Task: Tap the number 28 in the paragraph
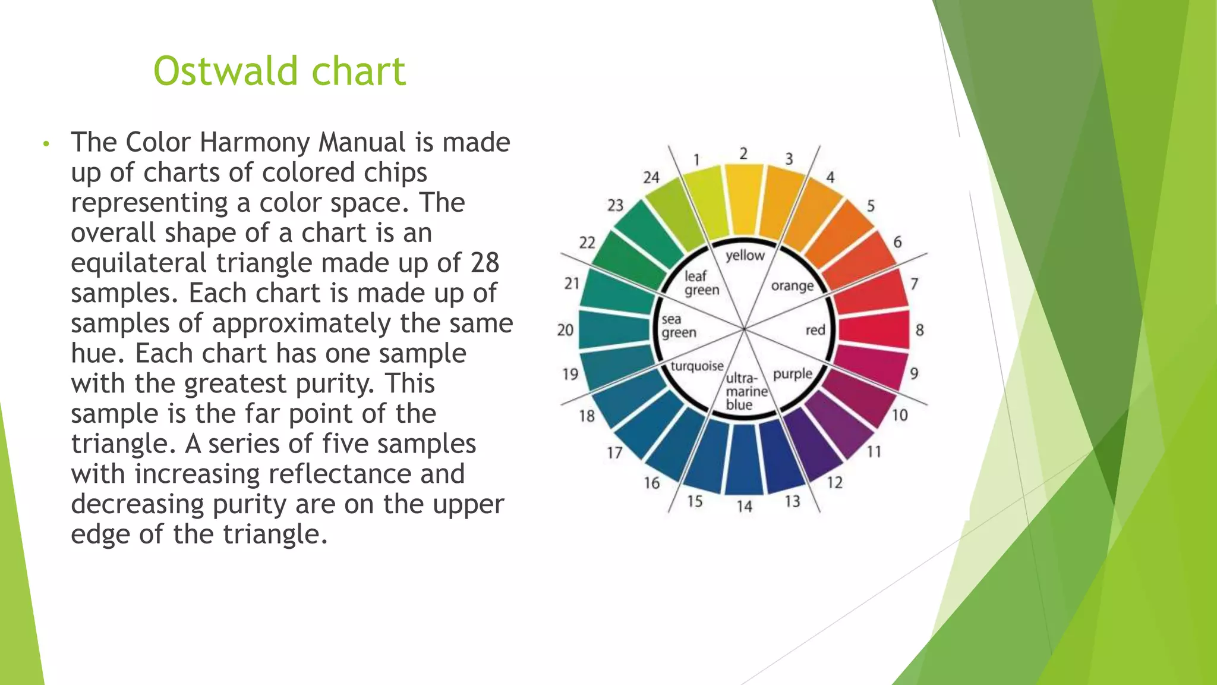click(x=484, y=263)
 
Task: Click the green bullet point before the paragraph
click(x=45, y=144)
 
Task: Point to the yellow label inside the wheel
click(x=745, y=256)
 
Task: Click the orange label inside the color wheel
click(x=792, y=286)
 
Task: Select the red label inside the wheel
click(x=815, y=330)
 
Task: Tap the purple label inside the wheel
click(x=792, y=374)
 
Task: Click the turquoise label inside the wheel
click(x=697, y=366)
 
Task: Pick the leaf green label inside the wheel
click(x=701, y=283)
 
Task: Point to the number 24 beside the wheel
click(x=651, y=177)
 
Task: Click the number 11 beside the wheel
click(x=874, y=452)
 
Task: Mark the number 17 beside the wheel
click(x=614, y=453)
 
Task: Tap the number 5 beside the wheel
click(x=871, y=206)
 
